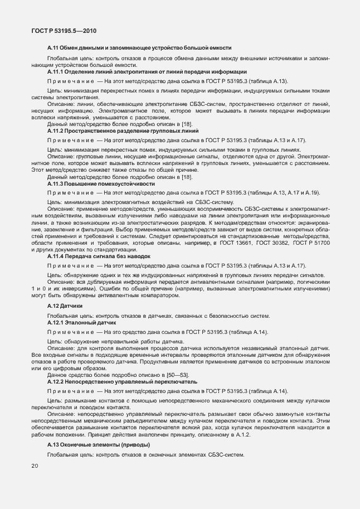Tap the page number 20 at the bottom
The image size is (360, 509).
(35, 465)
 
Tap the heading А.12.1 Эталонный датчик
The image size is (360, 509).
(81, 323)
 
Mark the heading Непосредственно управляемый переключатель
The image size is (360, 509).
(132, 382)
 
